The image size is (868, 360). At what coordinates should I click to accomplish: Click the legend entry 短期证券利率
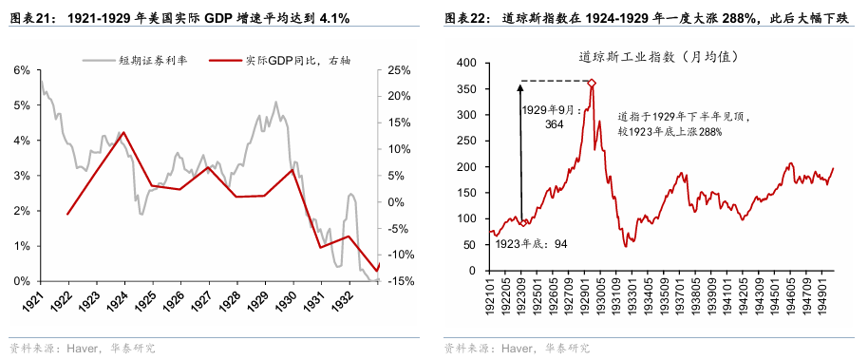click(153, 60)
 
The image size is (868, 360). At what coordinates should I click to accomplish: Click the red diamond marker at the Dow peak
click(592, 84)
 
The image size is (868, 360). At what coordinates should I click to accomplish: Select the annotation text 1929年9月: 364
click(554, 117)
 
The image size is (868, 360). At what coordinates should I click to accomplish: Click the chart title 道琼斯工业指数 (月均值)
click(658, 57)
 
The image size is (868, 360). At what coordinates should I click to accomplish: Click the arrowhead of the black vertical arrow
click(520, 86)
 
